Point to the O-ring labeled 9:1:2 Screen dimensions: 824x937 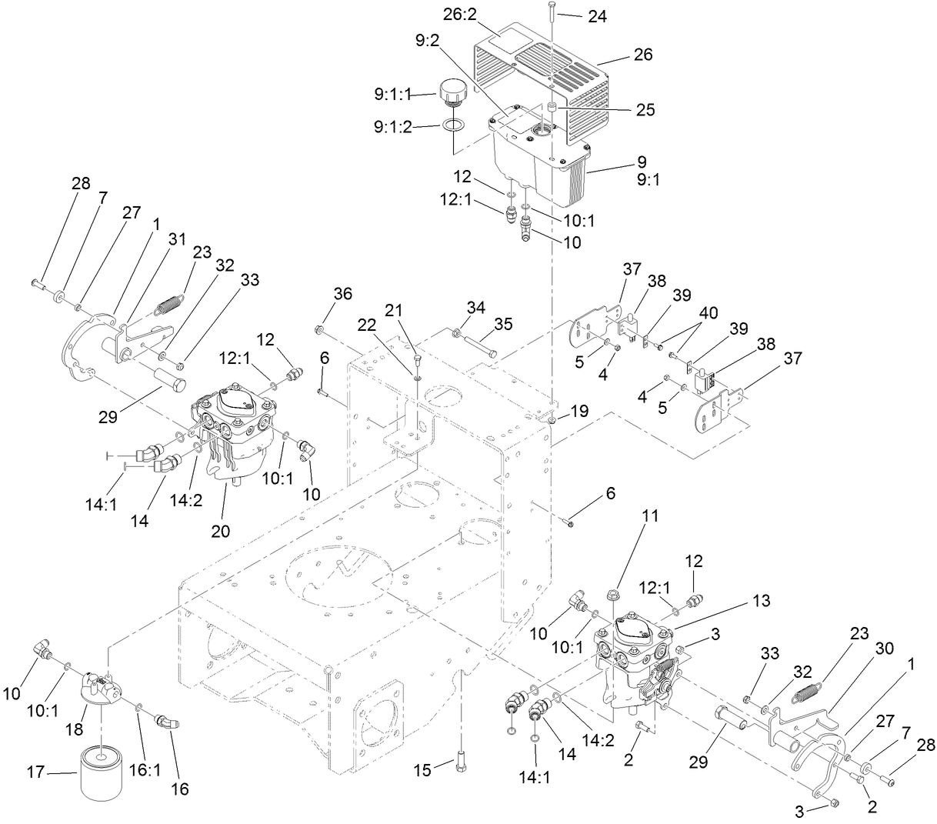pos(453,125)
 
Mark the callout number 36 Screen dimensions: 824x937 pos(342,293)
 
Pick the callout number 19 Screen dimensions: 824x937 pos(580,412)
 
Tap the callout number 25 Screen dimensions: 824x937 pos(645,110)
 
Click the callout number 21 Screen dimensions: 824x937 pos(394,310)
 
